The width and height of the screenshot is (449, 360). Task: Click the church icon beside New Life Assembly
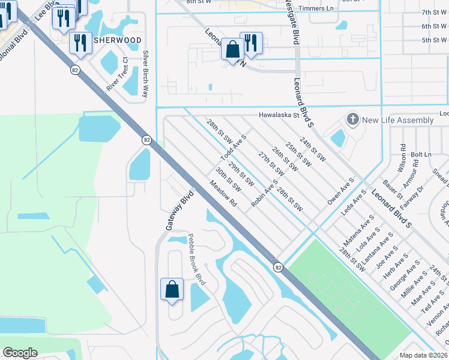(352, 120)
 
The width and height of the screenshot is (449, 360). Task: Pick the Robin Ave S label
(265, 193)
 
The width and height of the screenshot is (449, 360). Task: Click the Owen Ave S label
(340, 191)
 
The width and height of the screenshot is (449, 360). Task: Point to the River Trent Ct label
(118, 75)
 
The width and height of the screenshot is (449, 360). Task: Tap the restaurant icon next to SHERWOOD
(79, 41)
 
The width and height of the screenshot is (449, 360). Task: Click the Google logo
(20, 353)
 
